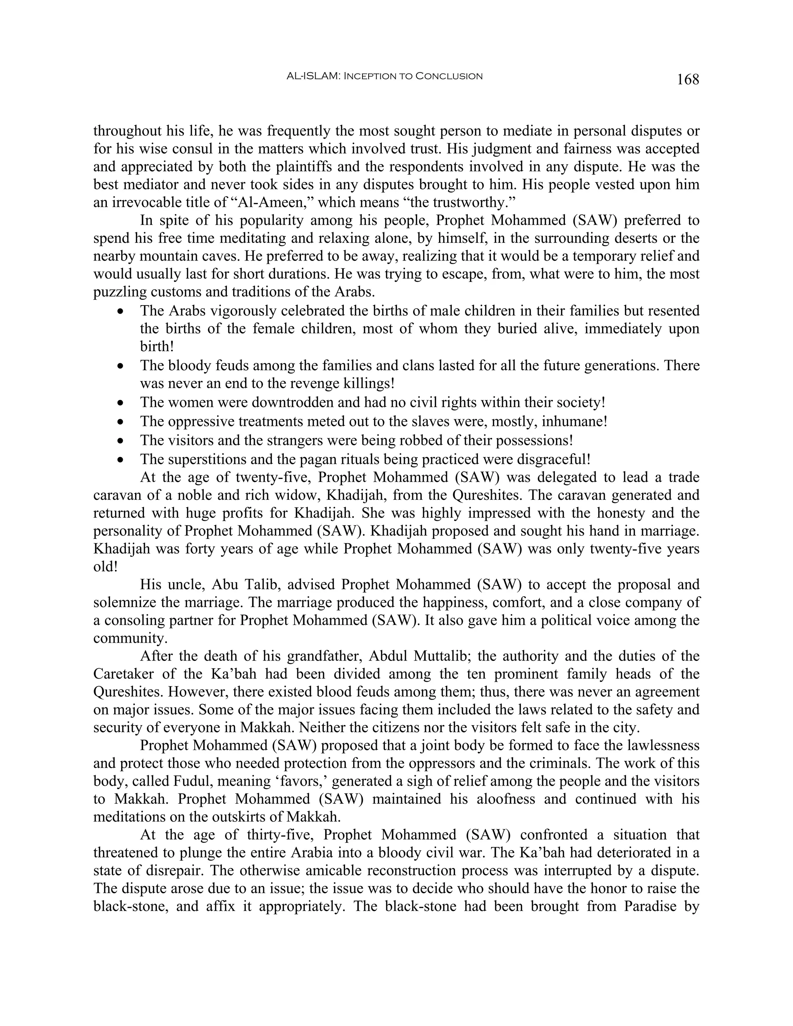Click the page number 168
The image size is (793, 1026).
(687, 79)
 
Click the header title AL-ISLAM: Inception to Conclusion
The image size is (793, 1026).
(384, 76)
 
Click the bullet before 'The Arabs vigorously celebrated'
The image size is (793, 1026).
(121, 311)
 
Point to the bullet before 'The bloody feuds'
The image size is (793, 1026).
(121, 366)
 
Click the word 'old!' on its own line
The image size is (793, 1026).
(105, 566)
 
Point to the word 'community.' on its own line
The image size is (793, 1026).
(125, 638)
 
